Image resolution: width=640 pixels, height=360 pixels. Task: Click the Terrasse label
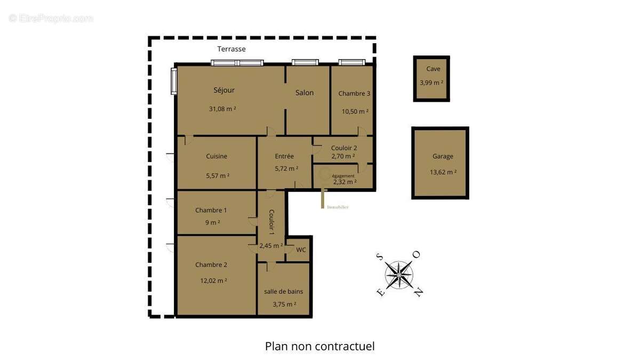tap(231, 49)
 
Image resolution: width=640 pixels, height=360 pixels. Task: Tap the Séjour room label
tap(224, 90)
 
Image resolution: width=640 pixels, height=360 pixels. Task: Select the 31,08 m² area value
tap(222, 109)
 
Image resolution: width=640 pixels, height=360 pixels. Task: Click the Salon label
tap(305, 93)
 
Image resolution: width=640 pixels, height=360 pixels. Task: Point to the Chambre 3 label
tap(354, 94)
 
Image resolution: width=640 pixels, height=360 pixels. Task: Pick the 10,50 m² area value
tap(355, 111)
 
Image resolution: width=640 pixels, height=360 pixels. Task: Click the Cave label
tap(433, 69)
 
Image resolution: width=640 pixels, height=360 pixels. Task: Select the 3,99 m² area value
tap(431, 83)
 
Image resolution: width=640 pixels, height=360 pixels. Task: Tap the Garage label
tap(443, 156)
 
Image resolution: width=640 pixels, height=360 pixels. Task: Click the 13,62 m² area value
tap(443, 172)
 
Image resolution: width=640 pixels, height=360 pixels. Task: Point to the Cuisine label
tap(217, 156)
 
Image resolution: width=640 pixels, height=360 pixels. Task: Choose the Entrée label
tap(284, 156)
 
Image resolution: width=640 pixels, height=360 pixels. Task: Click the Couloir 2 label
tap(344, 148)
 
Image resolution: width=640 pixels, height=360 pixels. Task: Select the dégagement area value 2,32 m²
tap(345, 182)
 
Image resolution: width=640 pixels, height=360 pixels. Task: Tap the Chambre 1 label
tap(211, 210)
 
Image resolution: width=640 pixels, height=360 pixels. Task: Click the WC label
tap(301, 250)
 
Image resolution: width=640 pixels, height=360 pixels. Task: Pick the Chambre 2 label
tap(211, 265)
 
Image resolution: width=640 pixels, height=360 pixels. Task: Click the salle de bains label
tap(284, 291)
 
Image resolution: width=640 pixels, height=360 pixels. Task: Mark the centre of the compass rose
tap(399, 275)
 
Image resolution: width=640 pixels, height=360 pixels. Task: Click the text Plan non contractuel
tap(320, 346)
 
